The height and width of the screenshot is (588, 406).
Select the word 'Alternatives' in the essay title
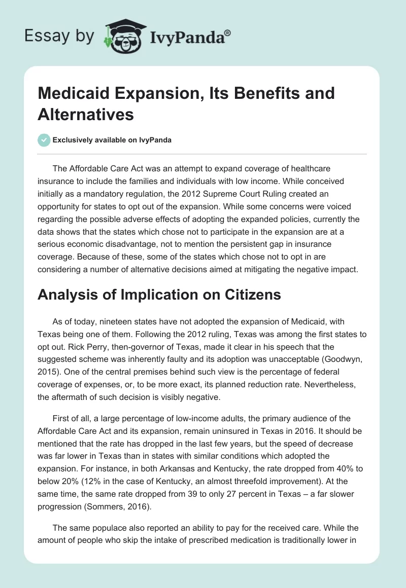tap(86, 114)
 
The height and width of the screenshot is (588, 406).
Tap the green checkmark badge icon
tap(44, 140)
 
